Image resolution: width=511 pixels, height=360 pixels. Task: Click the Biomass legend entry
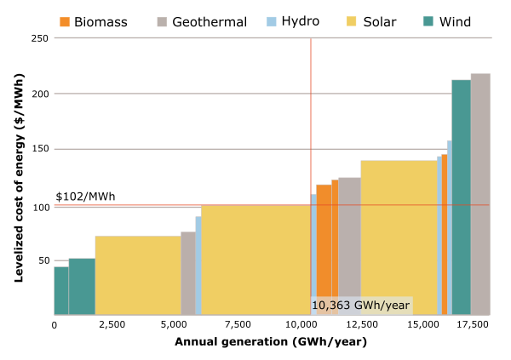94,21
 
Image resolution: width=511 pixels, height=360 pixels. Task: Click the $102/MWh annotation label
85,197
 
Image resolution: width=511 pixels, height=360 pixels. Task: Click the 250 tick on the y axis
39,38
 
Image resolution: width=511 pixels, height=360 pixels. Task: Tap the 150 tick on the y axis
39,149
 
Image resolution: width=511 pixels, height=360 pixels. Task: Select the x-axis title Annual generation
271,342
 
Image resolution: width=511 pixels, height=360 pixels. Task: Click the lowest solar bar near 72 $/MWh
138,275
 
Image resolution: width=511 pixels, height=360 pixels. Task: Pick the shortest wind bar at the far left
61,291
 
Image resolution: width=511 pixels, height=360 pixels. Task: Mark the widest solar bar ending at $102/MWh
255,260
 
